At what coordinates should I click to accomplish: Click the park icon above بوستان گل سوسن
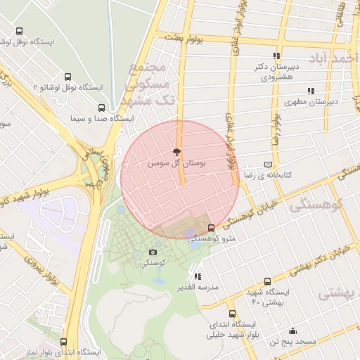(x=176, y=152)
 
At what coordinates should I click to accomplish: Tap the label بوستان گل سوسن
(x=176, y=162)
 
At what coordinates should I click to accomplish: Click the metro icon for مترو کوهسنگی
(x=212, y=228)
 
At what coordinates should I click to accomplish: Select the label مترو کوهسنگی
(x=214, y=239)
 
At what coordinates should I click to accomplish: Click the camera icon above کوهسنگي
(x=153, y=252)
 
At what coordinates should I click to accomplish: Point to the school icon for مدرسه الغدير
(x=198, y=276)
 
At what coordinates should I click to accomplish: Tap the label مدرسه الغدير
(x=198, y=287)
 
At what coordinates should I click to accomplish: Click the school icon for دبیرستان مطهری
(x=311, y=91)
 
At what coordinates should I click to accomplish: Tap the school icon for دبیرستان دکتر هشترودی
(x=276, y=56)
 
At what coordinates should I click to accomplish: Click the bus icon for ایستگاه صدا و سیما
(x=102, y=108)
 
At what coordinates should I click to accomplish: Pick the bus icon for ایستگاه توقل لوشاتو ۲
(x=68, y=76)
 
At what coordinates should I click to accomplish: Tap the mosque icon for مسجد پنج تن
(x=292, y=330)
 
